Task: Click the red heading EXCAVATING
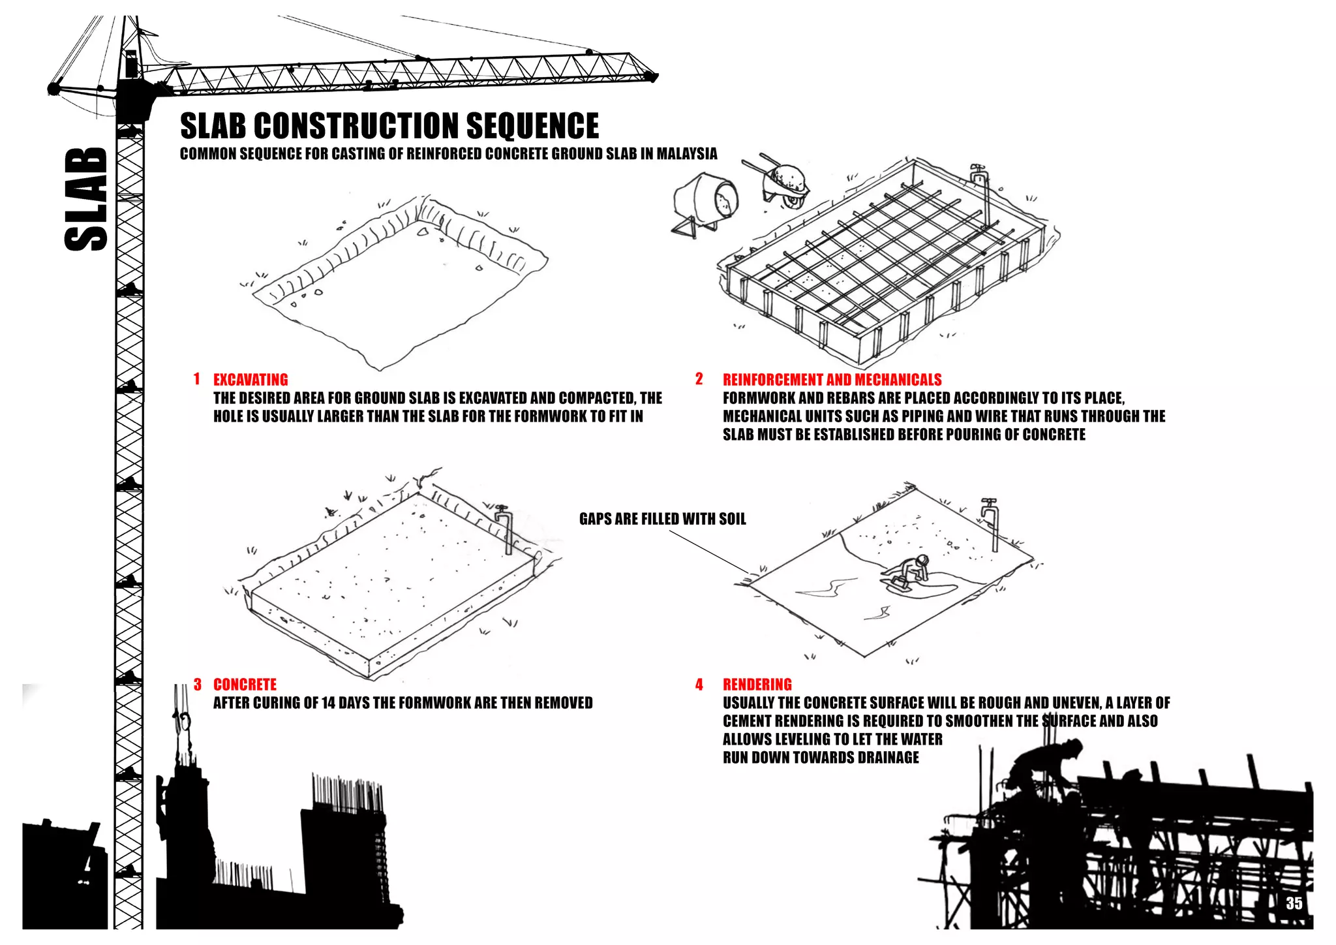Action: (x=250, y=380)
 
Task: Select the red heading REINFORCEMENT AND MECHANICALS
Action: (x=832, y=380)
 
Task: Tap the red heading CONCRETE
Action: (x=245, y=685)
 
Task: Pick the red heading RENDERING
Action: (x=757, y=685)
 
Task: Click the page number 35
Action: (x=1294, y=903)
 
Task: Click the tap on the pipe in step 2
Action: (x=978, y=173)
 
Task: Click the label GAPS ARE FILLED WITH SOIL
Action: (x=662, y=519)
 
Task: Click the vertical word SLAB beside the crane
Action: (x=86, y=199)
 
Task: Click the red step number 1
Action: (x=196, y=379)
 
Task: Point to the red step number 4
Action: (x=699, y=685)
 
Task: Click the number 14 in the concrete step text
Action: (x=329, y=703)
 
